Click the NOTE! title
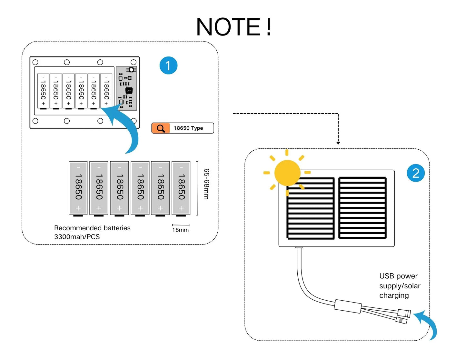coord(234,27)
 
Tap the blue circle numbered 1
coord(168,65)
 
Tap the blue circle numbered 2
coord(416,173)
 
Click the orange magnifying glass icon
coord(161,128)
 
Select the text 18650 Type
coord(188,128)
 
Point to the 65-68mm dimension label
coord(207,184)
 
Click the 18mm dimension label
coord(180,230)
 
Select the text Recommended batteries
coord(92,228)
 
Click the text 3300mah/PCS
coord(77,237)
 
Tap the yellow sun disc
coord(287,173)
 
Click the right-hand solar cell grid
coord(362,208)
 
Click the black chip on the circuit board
coord(129,90)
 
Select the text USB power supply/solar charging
coord(400,285)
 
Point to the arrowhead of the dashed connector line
coord(338,143)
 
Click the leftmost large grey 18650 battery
coord(78,188)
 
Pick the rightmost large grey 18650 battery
coord(181,188)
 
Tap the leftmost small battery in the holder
coord(43,91)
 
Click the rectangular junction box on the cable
coord(348,306)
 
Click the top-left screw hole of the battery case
coord(35,62)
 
